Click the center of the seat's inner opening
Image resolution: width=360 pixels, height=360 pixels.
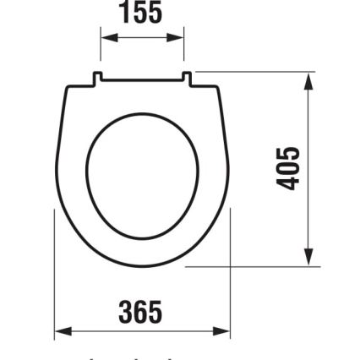[142, 176]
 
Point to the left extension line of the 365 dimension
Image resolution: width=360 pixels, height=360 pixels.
[55, 279]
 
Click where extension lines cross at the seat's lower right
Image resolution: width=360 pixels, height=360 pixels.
[230, 266]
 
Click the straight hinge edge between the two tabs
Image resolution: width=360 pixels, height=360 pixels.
[142, 82]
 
